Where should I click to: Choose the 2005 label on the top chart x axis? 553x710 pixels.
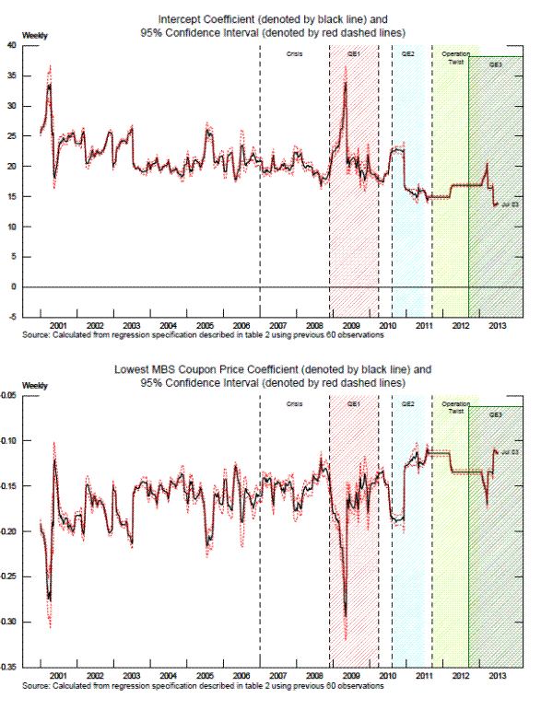[x=205, y=325]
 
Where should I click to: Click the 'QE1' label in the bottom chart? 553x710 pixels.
[x=354, y=404]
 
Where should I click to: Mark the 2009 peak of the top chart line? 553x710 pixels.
[x=345, y=83]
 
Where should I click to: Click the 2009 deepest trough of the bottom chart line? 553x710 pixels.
[x=345, y=617]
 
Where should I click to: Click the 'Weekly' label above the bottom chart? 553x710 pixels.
[x=34, y=384]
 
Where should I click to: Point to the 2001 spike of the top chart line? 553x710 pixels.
[x=50, y=85]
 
